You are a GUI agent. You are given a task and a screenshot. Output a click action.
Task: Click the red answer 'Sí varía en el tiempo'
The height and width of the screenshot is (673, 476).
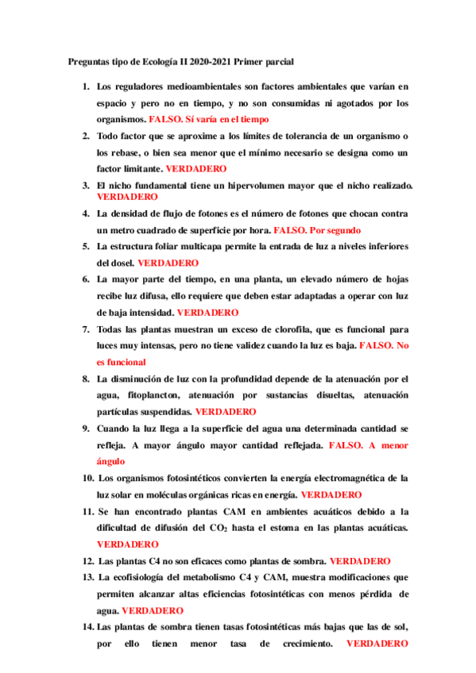click(226, 119)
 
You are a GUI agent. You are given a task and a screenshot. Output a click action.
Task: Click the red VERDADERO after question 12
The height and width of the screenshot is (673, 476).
click(359, 561)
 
